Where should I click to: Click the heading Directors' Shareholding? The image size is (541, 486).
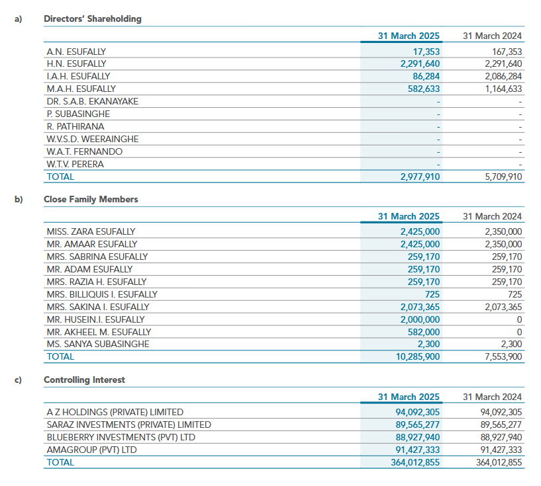point(92,19)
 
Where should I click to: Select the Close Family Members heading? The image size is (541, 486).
point(91,199)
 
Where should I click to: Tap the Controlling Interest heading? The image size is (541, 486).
point(84,380)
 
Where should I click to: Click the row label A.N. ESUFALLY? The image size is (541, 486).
point(76,52)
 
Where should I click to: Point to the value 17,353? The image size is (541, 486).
point(426,52)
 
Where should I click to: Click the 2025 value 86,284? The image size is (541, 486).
point(426,76)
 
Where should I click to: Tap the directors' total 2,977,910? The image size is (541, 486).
point(420,177)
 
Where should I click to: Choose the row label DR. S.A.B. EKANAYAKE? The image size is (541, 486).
point(92,101)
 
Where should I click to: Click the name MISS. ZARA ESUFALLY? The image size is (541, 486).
point(91,232)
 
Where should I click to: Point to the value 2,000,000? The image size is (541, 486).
point(420,319)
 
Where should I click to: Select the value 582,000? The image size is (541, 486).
point(424,332)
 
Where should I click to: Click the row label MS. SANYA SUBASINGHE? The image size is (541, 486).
point(98,344)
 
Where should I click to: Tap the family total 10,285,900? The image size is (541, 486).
point(417,356)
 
